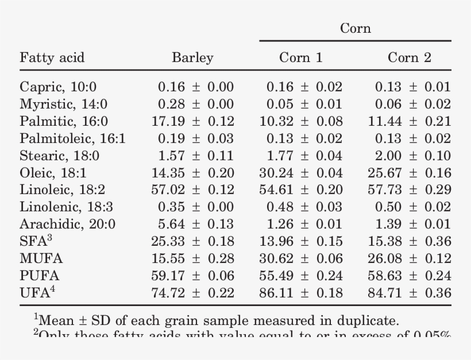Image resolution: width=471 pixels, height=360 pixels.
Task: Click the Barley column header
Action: (x=192, y=57)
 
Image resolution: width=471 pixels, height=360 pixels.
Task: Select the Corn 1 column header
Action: (x=301, y=57)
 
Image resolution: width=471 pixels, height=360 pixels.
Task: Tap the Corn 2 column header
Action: (x=410, y=57)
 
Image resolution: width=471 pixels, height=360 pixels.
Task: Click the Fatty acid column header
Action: (x=52, y=57)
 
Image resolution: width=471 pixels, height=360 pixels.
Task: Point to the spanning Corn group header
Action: (x=356, y=28)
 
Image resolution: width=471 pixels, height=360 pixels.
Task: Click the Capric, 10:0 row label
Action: (x=58, y=87)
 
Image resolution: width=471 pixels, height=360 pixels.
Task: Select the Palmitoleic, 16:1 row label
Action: (x=72, y=139)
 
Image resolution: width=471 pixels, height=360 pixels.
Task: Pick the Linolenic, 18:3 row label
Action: (x=66, y=207)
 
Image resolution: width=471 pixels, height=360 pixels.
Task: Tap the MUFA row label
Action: (x=41, y=259)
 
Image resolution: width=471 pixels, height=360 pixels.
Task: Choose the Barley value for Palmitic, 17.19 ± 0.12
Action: (x=192, y=122)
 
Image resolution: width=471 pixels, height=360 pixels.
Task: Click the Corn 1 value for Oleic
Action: (x=301, y=173)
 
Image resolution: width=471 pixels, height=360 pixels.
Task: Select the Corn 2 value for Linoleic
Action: (x=410, y=190)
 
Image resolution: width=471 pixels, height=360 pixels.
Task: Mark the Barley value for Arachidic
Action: (x=195, y=224)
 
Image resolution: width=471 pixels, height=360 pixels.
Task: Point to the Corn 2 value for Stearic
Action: (x=412, y=156)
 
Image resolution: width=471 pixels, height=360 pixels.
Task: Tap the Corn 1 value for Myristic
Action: (x=304, y=104)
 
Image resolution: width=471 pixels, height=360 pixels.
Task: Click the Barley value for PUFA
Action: (x=192, y=276)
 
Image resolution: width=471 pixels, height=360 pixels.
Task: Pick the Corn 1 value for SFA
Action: (x=301, y=242)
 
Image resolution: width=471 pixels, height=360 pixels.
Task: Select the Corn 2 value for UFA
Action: (x=410, y=293)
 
